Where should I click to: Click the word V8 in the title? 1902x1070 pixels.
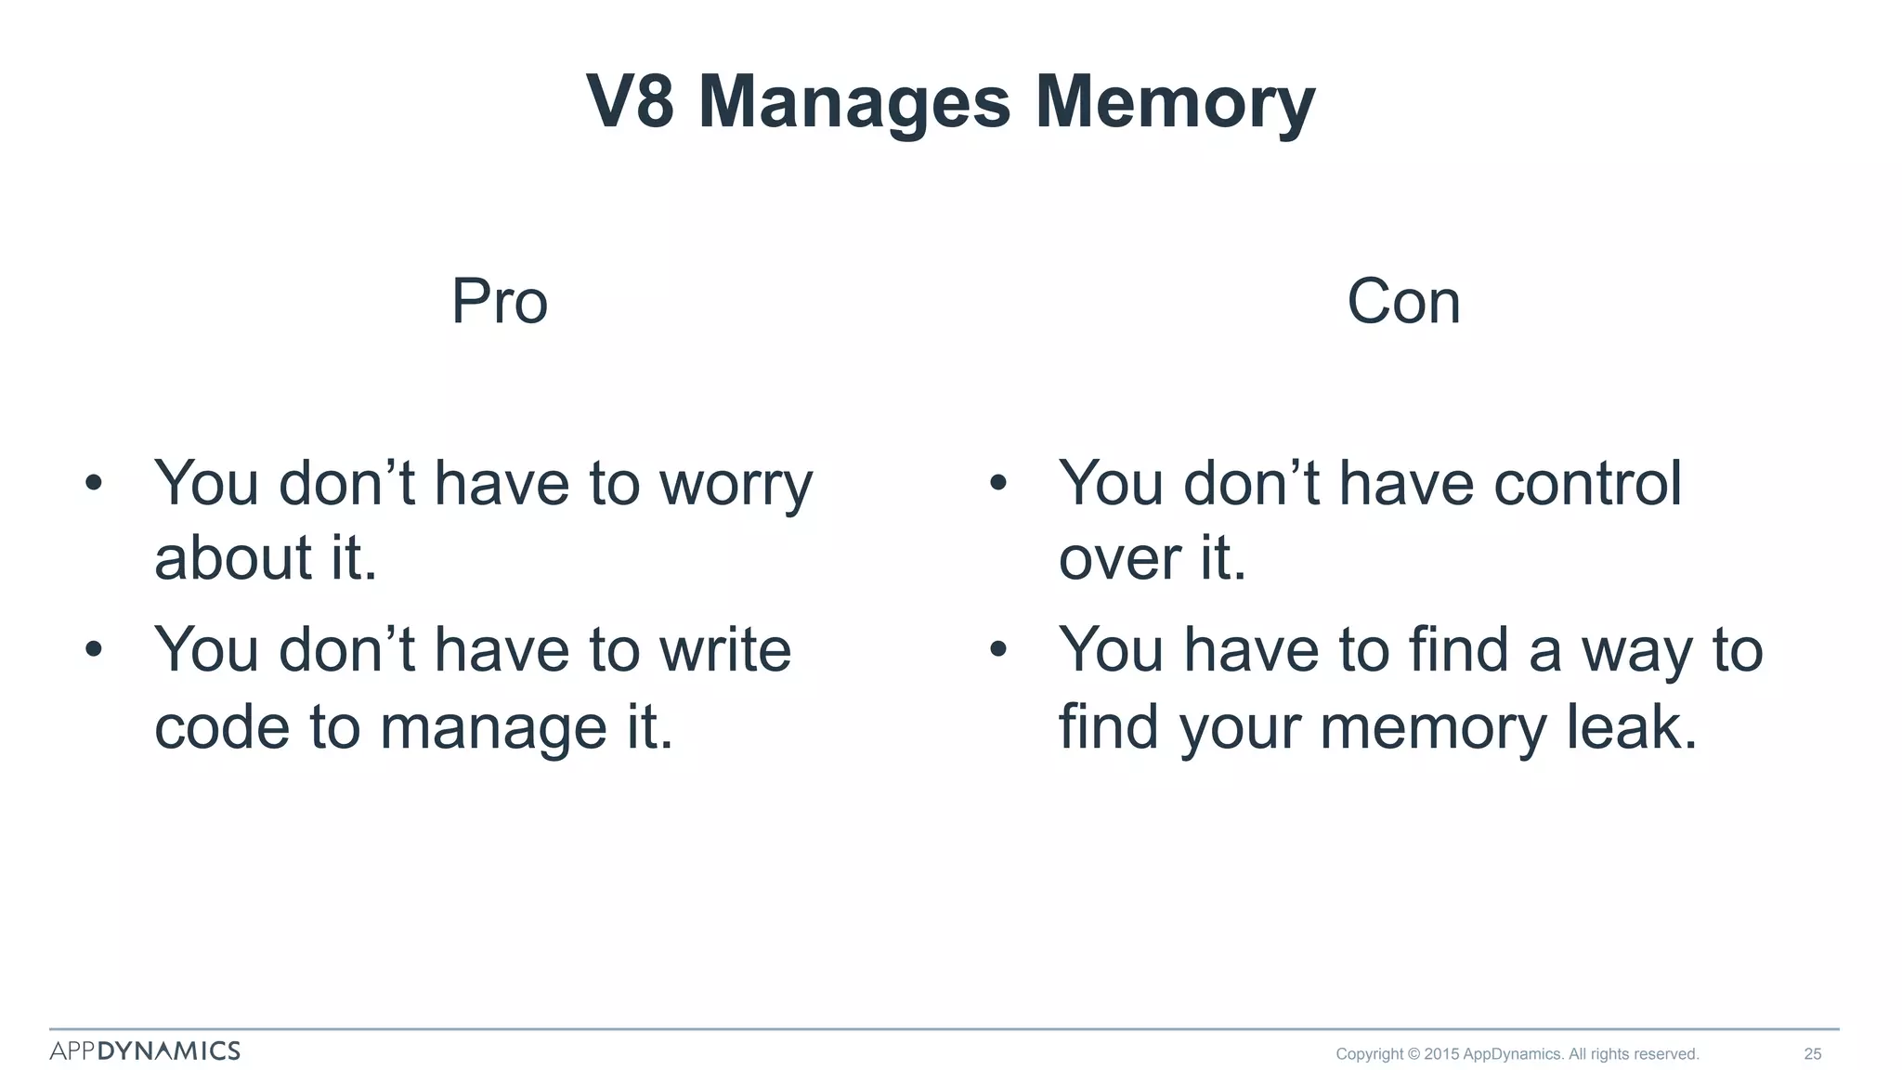631,101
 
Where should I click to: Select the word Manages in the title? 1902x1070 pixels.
853,101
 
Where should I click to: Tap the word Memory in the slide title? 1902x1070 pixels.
1175,101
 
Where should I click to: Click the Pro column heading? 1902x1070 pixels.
500,302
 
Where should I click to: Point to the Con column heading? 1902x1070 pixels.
1403,302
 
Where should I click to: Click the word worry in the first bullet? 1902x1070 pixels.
736,484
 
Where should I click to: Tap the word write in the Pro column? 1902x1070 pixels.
725,649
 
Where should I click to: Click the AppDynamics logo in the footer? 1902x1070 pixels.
145,1050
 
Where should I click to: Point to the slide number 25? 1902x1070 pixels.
1813,1054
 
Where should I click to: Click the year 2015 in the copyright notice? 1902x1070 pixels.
1441,1054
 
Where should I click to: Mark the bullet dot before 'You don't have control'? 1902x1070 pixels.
998,483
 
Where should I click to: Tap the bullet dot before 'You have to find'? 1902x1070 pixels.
998,649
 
